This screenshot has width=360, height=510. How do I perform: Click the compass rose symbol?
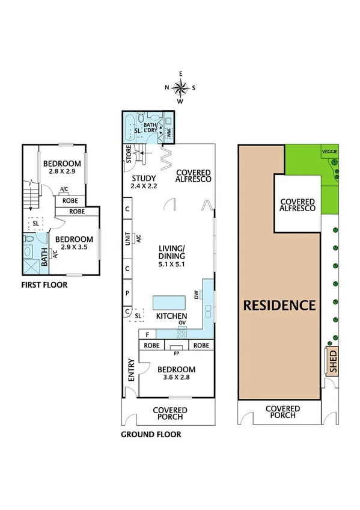[x=180, y=88]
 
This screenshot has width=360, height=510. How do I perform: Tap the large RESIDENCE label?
[x=279, y=305]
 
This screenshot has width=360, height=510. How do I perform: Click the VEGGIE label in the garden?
[x=329, y=151]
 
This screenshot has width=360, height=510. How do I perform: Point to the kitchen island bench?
[x=168, y=301]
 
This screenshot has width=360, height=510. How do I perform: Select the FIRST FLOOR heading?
[x=44, y=284]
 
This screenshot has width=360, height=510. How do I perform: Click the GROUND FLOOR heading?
[x=151, y=434]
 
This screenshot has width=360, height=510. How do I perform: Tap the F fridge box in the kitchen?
[x=147, y=334]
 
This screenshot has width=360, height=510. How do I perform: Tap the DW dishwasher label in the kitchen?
[x=196, y=294]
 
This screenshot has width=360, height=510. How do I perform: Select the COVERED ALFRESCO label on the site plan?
[x=297, y=203]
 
